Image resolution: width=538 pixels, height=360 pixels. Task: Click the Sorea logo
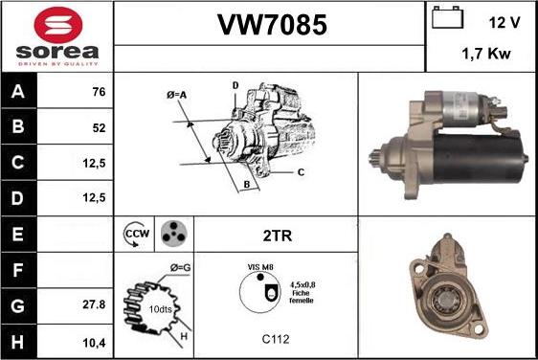tap(57, 36)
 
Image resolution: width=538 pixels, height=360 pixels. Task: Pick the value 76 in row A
tap(99, 93)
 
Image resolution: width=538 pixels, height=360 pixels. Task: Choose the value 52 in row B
tap(99, 127)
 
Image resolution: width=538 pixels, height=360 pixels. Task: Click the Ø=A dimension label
tap(177, 95)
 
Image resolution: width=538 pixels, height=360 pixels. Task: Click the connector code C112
tap(275, 339)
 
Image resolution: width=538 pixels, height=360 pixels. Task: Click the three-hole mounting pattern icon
tap(172, 233)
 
